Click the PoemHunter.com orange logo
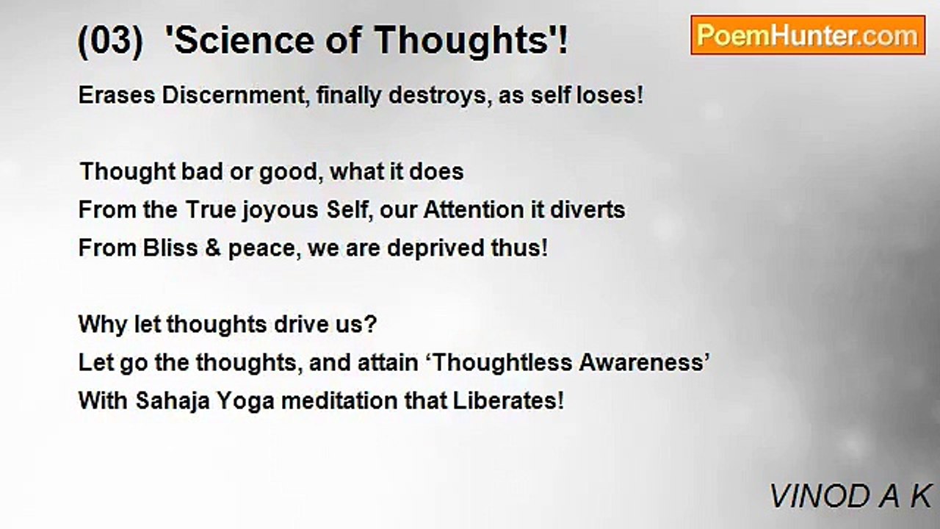[808, 35]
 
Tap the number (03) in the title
[110, 40]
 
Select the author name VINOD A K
[850, 496]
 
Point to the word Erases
[117, 95]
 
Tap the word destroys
[440, 96]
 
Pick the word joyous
[280, 210]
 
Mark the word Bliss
[170, 248]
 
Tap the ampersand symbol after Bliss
[213, 248]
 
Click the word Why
[102, 325]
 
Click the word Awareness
[641, 362]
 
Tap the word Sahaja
[173, 401]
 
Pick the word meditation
[339, 400]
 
